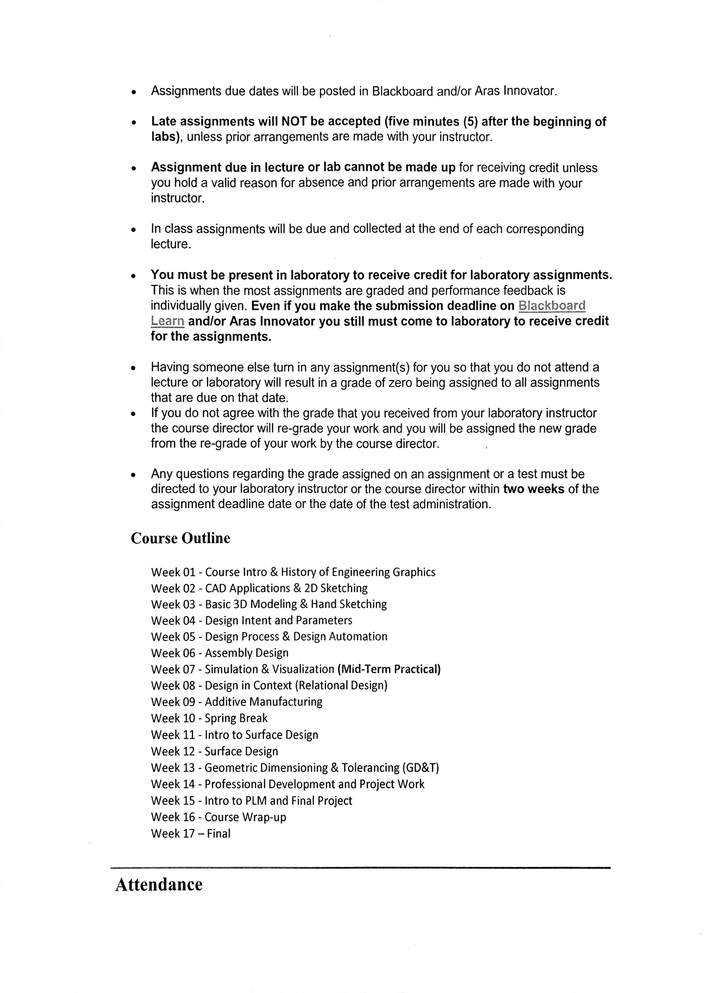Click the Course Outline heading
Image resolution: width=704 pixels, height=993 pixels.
[180, 538]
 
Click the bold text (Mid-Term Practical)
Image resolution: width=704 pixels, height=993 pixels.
[389, 669]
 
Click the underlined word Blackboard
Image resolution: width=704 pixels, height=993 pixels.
[552, 306]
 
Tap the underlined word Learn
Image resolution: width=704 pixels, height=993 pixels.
[167, 321]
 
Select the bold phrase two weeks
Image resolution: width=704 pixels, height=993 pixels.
[534, 489]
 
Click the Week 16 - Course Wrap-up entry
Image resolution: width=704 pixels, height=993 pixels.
[219, 817]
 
